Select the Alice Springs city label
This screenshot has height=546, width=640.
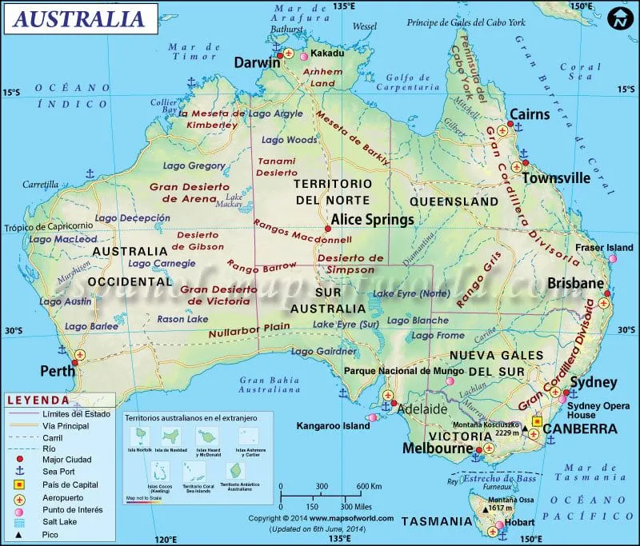373,219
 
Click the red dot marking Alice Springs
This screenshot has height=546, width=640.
327,229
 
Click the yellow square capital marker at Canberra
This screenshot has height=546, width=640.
538,421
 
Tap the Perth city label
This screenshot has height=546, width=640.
58,371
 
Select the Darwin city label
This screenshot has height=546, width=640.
257,62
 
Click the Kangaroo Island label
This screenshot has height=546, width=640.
333,426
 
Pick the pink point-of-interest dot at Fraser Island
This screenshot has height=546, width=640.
613,259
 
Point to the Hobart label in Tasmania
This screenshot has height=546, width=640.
521,523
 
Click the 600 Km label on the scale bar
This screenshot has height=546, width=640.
368,487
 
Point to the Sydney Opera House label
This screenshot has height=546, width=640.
593,409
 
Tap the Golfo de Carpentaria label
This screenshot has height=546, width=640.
409,82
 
